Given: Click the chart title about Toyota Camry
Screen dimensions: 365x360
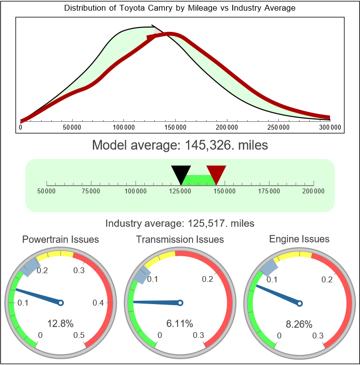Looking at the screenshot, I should (x=180, y=8).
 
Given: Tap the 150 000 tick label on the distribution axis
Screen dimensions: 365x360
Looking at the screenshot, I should (x=175, y=127).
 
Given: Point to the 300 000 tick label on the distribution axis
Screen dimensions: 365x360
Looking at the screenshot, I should (x=330, y=127).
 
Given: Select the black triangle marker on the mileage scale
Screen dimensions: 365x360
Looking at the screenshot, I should (x=181, y=173).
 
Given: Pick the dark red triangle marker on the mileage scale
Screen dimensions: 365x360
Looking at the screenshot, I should (x=216, y=173).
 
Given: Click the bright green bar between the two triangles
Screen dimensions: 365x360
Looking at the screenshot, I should (x=198, y=179).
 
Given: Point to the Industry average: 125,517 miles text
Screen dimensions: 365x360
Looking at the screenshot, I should (x=180, y=223).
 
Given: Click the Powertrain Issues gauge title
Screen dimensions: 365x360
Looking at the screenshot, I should (x=60, y=239).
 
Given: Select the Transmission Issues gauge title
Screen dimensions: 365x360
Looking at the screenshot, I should (x=180, y=239).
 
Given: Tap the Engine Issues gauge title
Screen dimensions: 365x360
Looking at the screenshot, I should (x=299, y=239).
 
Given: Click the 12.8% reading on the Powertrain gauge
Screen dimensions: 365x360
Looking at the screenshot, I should (x=60, y=323).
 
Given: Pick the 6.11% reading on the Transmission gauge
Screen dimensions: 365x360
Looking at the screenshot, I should (x=180, y=323).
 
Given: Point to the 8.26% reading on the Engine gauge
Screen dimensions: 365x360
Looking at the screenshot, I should (x=299, y=323).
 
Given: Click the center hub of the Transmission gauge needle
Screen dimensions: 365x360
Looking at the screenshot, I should (x=180, y=303).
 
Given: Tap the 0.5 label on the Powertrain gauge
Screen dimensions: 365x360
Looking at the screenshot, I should (x=79, y=336).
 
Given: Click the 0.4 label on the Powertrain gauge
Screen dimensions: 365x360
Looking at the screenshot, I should (x=98, y=303).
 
